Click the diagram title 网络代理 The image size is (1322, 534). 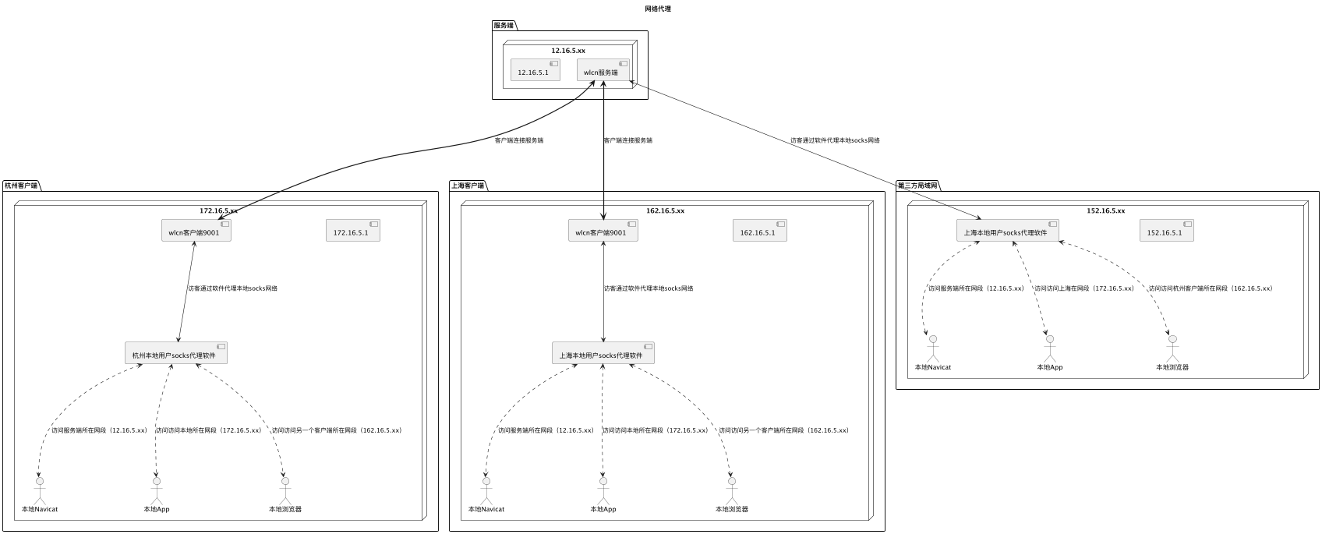[x=658, y=9]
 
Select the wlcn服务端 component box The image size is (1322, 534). [x=603, y=70]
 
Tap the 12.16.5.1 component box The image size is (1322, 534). [x=535, y=70]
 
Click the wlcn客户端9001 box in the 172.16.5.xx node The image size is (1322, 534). [x=196, y=232]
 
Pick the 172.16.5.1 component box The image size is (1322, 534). [x=352, y=232]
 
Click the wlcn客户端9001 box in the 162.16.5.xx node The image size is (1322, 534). [x=603, y=232]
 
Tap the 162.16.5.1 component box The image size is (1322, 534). [x=759, y=232]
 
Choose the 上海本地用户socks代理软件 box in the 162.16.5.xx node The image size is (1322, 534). [x=603, y=354]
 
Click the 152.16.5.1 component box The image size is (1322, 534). [x=1166, y=232]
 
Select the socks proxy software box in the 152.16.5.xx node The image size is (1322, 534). [x=1008, y=232]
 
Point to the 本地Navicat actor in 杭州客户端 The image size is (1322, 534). [x=39, y=491]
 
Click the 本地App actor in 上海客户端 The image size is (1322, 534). [x=603, y=491]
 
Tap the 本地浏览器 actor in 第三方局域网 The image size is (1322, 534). [x=1172, y=349]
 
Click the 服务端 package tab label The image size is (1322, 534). [x=504, y=26]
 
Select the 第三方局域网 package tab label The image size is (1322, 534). [x=918, y=186]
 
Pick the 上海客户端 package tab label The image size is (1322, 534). [x=468, y=186]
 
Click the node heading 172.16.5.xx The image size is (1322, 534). [x=218, y=210]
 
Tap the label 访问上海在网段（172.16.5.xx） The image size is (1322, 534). [x=1083, y=288]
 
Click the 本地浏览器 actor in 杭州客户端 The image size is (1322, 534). [x=285, y=491]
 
